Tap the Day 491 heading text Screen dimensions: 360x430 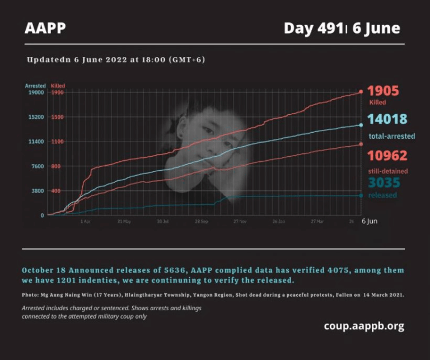(x=314, y=28)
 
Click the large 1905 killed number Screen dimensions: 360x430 (x=383, y=91)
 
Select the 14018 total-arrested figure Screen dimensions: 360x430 (x=387, y=119)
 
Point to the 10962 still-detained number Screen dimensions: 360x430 (x=387, y=155)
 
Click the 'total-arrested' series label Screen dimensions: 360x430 (x=391, y=136)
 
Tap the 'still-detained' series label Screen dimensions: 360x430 (x=388, y=171)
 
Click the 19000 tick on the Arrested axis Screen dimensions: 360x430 (x=36, y=92)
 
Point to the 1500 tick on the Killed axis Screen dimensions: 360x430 (x=58, y=117)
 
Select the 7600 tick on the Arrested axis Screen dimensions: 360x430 (x=37, y=166)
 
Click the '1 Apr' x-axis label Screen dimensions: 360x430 (x=86, y=222)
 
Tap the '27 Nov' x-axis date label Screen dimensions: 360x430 (x=240, y=222)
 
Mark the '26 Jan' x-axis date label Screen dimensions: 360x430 (x=278, y=222)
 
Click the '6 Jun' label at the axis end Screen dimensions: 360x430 (x=370, y=221)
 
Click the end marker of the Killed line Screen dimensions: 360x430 (x=361, y=91)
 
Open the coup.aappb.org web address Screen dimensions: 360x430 (x=363, y=326)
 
